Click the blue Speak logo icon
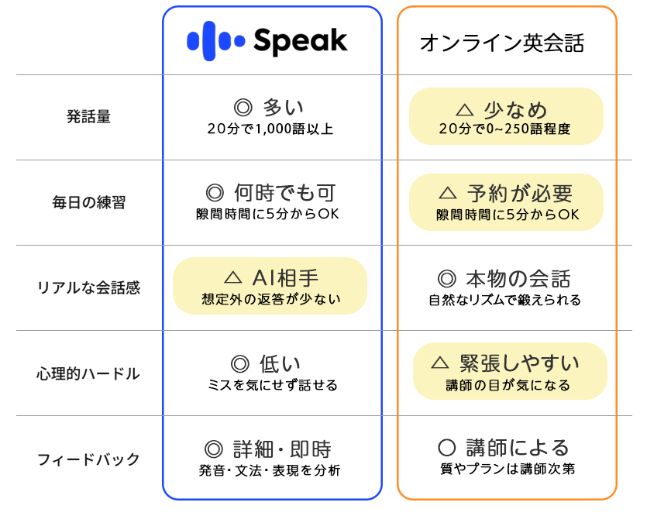pyautogui.click(x=215, y=41)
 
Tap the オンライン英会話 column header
pyautogui.click(x=502, y=43)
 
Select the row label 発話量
pyautogui.click(x=88, y=116)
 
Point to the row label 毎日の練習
pyautogui.click(x=88, y=202)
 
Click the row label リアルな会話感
pyautogui.click(x=88, y=287)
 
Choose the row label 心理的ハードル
pyautogui.click(x=88, y=373)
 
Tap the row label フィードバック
pyautogui.click(x=88, y=459)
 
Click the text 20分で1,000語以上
pyautogui.click(x=270, y=129)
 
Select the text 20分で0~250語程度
pyautogui.click(x=504, y=129)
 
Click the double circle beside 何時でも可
pyautogui.click(x=215, y=193)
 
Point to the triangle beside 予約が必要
pyautogui.click(x=448, y=193)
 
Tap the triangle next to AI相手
pyautogui.click(x=232, y=278)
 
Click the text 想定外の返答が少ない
pyautogui.click(x=271, y=298)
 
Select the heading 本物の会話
pyautogui.click(x=518, y=279)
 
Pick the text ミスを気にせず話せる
pyautogui.click(x=273, y=384)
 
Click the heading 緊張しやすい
pyautogui.click(x=519, y=363)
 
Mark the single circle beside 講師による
pyautogui.click(x=447, y=448)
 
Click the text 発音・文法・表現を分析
pyautogui.click(x=270, y=470)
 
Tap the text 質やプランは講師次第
pyautogui.click(x=508, y=469)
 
